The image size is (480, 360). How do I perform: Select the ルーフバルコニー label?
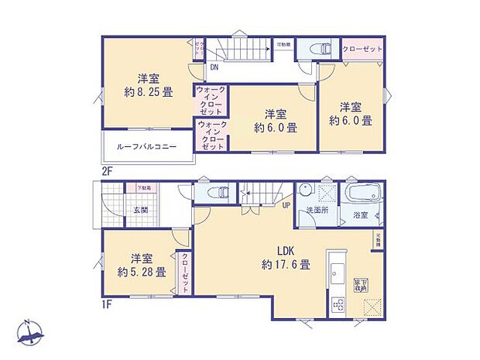coord(147,147)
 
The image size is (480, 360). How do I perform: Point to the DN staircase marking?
coord(213,67)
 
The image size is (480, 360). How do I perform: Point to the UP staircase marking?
coord(286,205)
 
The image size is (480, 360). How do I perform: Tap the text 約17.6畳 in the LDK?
coord(285,264)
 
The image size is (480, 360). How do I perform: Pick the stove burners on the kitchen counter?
coord(338,304)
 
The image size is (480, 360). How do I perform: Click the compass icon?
coord(29,334)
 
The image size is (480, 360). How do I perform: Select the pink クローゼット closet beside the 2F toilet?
coord(362,49)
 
